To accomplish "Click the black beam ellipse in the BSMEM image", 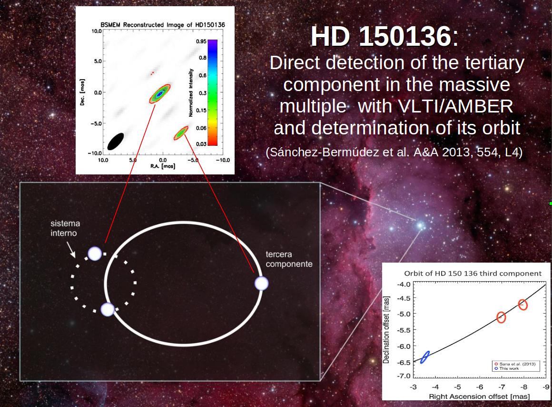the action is click(x=116, y=142).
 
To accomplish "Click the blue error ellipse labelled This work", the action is click(x=425, y=357).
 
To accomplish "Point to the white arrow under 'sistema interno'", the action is click(x=71, y=250).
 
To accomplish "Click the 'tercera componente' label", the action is click(x=289, y=259).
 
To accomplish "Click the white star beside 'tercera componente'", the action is click(x=261, y=283).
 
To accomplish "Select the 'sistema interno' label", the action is click(x=65, y=228).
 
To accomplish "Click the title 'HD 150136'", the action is click(x=381, y=36).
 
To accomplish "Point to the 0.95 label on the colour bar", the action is click(x=201, y=41).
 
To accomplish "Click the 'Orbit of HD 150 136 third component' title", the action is click(x=473, y=274).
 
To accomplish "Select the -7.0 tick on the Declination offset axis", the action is click(x=404, y=376).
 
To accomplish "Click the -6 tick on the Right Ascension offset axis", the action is click(x=480, y=387).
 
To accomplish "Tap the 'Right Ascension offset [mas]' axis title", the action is click(x=479, y=397).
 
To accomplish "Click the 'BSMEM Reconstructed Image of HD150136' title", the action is click(x=163, y=25).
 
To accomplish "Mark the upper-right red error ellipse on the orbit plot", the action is click(x=523, y=305).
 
